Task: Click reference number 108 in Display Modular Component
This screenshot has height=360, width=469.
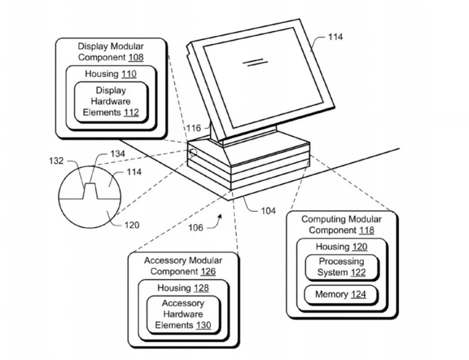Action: (136, 57)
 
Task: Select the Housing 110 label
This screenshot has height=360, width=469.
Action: (111, 74)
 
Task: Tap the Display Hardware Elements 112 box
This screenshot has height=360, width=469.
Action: (111, 102)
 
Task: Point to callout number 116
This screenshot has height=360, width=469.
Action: (193, 128)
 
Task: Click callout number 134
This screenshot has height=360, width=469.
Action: (118, 154)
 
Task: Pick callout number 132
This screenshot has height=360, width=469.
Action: (56, 161)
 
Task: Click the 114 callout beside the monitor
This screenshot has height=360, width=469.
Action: (335, 37)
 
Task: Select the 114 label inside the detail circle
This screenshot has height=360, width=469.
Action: (134, 172)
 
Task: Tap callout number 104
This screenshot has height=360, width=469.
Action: (268, 211)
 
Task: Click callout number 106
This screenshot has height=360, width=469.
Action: (196, 228)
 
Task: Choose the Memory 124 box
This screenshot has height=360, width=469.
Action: (341, 294)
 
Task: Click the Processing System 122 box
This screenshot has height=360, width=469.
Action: (342, 267)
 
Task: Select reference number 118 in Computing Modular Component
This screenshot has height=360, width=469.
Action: (366, 230)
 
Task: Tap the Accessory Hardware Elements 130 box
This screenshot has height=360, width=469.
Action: (183, 314)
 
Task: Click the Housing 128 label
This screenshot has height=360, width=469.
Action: (183, 288)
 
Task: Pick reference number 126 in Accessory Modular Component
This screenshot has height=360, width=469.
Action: (208, 271)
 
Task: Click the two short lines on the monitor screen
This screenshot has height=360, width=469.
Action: (255, 62)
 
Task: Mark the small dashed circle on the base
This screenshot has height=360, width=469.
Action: (193, 153)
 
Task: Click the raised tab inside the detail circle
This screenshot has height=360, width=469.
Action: (90, 190)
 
